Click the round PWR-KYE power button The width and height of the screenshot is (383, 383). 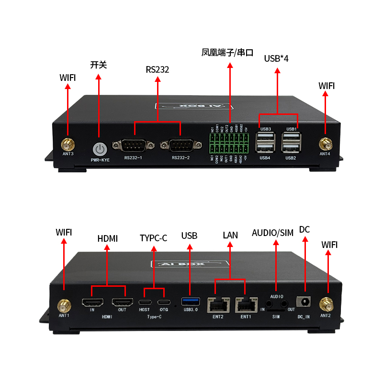[x=100, y=148]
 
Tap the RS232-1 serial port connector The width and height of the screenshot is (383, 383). [x=134, y=145]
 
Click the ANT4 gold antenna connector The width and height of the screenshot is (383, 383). [x=326, y=143]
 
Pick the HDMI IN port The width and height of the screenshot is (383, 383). [x=93, y=303]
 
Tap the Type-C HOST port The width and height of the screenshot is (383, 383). [x=145, y=303]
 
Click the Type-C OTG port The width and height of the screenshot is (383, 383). [x=164, y=303]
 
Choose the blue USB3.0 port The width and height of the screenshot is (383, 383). [x=190, y=302]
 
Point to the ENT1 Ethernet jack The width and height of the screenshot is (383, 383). [x=245, y=304]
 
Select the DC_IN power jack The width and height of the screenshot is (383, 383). [x=304, y=302]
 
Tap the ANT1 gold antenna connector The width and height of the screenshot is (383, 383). [x=64, y=304]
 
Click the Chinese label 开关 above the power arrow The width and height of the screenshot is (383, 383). [x=99, y=65]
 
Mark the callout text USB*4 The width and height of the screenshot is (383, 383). [x=276, y=58]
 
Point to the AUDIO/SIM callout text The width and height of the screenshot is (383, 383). [x=272, y=233]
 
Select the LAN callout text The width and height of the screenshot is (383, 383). [x=230, y=235]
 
